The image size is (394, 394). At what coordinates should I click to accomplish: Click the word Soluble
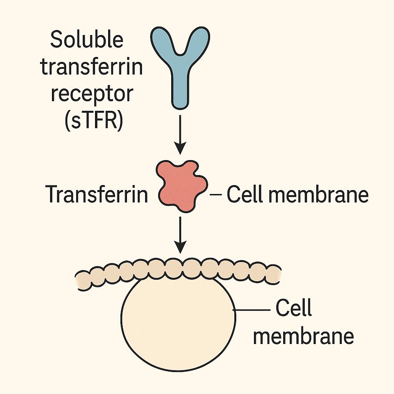(87, 40)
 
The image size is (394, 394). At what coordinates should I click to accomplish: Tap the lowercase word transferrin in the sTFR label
(92, 67)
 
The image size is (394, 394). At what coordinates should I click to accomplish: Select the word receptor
(92, 95)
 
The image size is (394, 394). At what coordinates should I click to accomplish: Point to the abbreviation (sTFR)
(94, 121)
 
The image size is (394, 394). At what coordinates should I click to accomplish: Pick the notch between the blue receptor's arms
(180, 53)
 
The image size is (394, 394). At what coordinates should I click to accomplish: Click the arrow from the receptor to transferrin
(180, 135)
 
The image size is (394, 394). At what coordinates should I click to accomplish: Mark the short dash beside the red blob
(215, 194)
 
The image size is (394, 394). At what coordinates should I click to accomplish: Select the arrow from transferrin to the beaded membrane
(180, 235)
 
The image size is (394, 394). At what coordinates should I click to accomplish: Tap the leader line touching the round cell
(251, 310)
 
